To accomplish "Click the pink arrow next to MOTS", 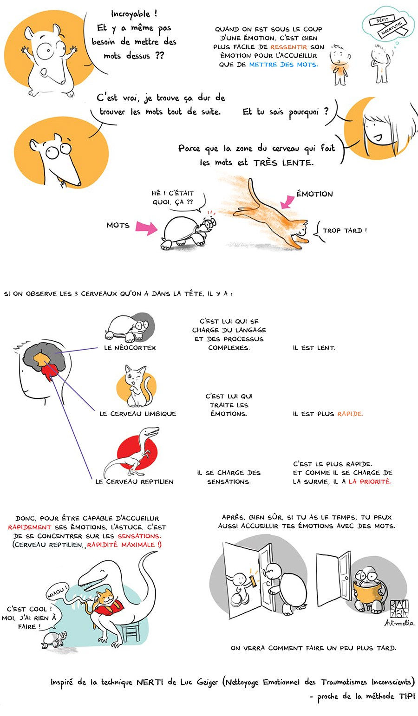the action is tap(146, 227).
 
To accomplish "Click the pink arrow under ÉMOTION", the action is tap(287, 202).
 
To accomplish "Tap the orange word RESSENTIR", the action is tap(288, 47).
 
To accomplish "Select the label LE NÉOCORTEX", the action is tap(130, 347).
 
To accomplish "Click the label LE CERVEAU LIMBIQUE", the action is tap(138, 414).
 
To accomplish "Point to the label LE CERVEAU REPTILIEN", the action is tap(134, 482).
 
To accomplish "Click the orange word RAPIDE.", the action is tap(350, 414).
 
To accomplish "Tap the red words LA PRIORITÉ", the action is tap(370, 482).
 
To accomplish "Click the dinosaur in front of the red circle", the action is tap(133, 453).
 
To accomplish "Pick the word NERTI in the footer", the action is tap(148, 682).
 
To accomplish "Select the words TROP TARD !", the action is tap(344, 230).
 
